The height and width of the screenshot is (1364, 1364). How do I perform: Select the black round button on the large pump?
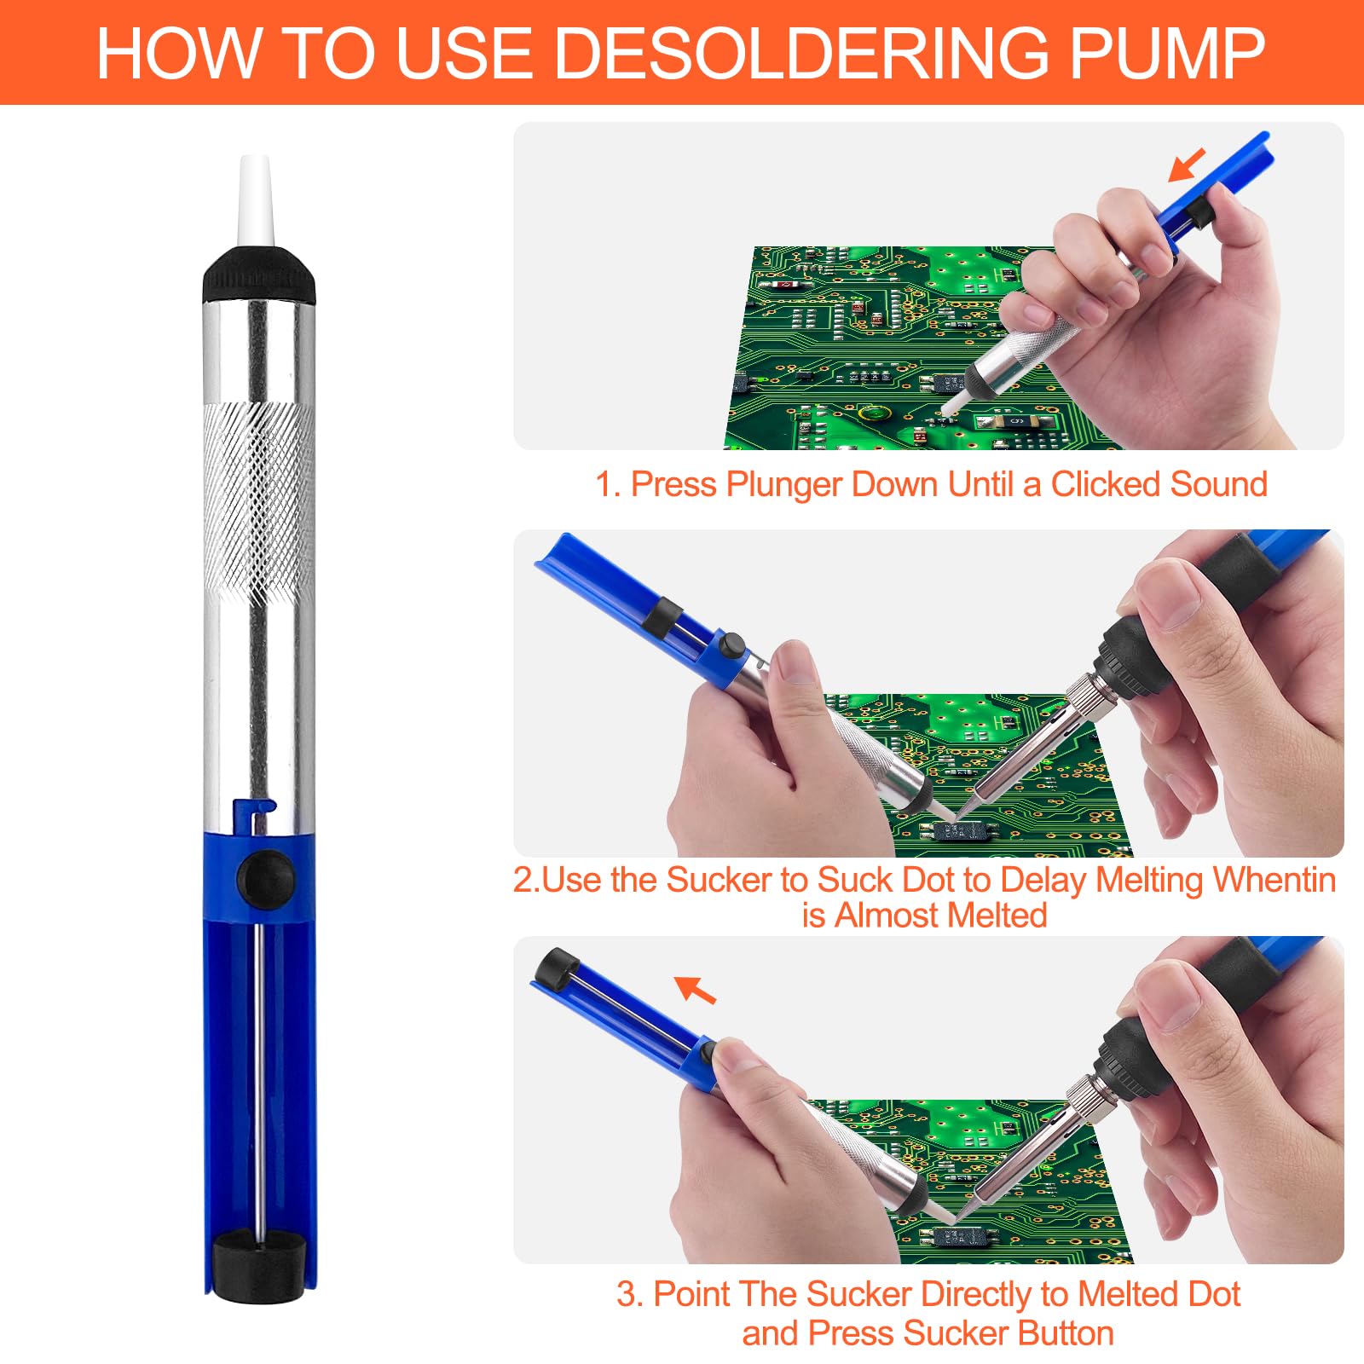[x=266, y=877]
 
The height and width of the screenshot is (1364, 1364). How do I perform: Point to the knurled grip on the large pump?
[x=259, y=503]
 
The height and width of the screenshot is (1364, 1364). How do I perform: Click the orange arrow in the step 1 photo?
[x=1186, y=165]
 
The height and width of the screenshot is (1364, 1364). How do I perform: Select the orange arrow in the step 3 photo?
[x=695, y=989]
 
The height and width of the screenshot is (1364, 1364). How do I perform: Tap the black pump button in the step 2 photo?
[x=730, y=645]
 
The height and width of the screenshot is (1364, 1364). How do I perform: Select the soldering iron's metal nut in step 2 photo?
[x=1084, y=695]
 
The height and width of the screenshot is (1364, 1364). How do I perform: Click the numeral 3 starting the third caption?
[x=626, y=1295]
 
